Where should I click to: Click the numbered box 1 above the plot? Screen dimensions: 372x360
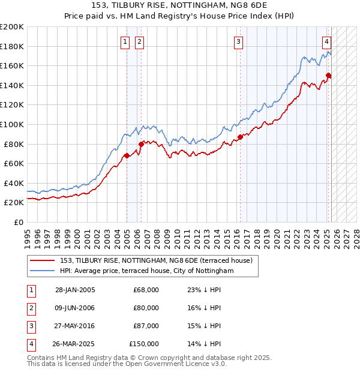[125, 41]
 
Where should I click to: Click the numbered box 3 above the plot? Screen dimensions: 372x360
[239, 41]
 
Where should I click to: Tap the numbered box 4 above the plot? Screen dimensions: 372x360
[326, 41]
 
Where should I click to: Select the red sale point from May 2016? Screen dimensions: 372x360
[240, 137]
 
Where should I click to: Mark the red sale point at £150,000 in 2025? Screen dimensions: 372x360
[328, 75]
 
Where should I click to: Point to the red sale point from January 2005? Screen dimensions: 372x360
[127, 155]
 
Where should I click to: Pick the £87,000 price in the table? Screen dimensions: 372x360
[146, 326]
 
